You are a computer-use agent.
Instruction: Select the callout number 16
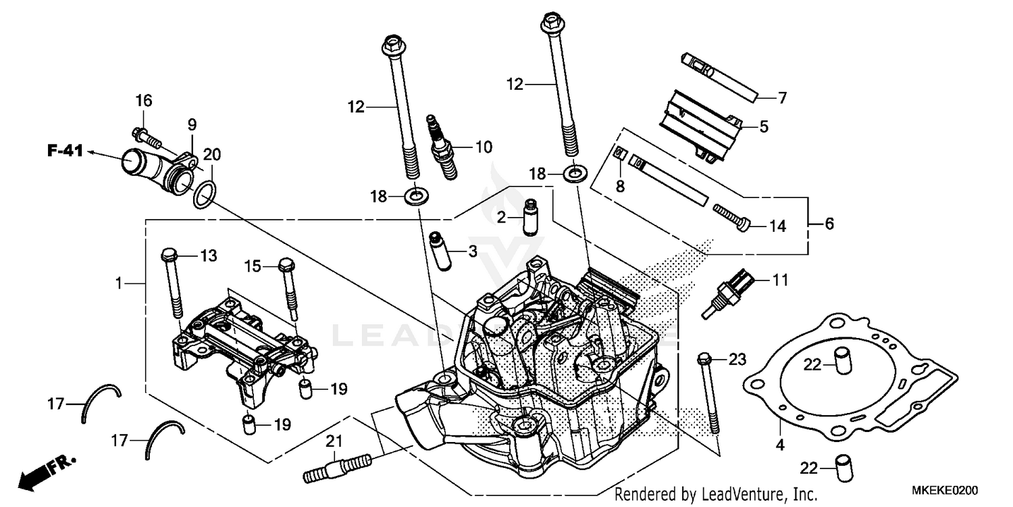click(x=143, y=101)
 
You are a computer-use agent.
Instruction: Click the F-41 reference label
click(x=65, y=151)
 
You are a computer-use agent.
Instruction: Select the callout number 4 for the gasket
click(x=780, y=445)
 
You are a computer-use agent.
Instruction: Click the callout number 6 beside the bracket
click(x=828, y=224)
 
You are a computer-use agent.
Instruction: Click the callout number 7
click(x=782, y=98)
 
